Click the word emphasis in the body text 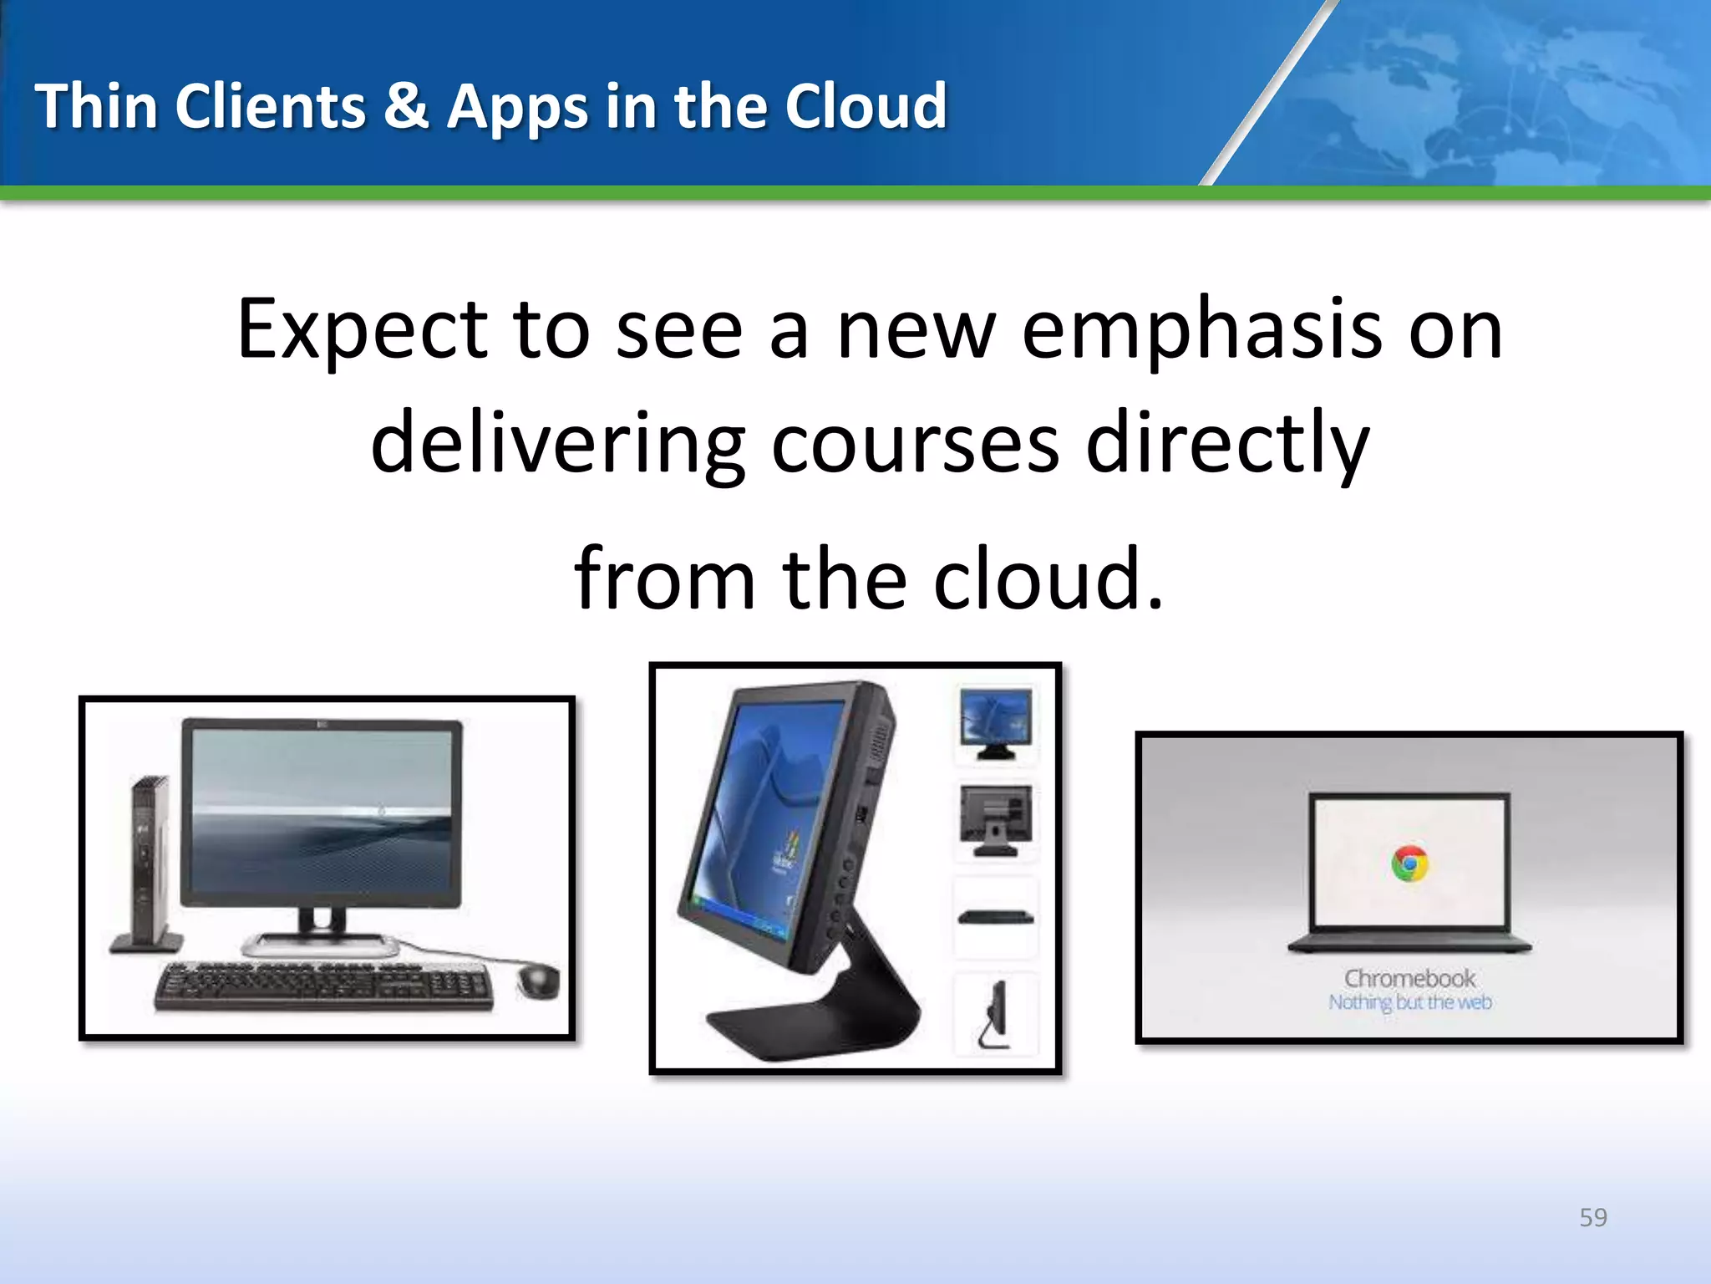(x=1201, y=330)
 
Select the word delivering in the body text (x=557, y=444)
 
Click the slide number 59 (x=1592, y=1217)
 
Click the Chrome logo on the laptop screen (x=1409, y=864)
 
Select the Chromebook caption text (x=1409, y=978)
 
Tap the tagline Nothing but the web (x=1409, y=1001)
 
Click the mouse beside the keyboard (x=539, y=980)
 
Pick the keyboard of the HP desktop (x=323, y=986)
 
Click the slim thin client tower (x=149, y=865)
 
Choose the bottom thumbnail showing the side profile (x=995, y=1014)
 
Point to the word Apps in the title (x=517, y=109)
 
